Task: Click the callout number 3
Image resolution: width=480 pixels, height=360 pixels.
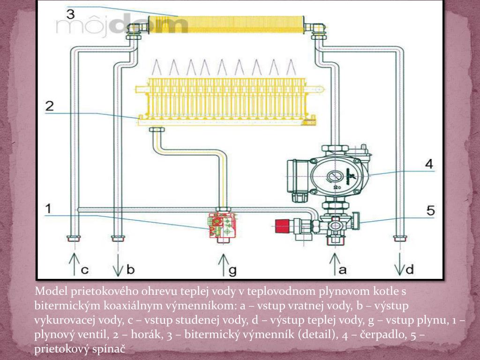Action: (71, 14)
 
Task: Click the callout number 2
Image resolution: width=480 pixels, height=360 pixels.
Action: (49, 106)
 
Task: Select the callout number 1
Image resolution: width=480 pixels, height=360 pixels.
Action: (48, 209)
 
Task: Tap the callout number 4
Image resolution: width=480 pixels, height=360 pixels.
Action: (429, 164)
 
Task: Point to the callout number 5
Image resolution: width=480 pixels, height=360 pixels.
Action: (430, 210)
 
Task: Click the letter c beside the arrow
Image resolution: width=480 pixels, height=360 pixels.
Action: (85, 270)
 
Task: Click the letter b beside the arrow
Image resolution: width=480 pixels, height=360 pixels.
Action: (131, 269)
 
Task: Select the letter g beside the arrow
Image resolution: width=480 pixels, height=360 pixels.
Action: (232, 270)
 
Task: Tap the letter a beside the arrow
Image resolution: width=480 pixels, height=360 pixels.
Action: (343, 270)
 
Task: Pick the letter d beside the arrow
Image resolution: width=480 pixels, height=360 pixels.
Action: (409, 269)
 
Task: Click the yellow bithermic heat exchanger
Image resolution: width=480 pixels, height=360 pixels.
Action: (226, 24)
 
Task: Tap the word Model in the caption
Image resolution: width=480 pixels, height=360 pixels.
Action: (51, 291)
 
